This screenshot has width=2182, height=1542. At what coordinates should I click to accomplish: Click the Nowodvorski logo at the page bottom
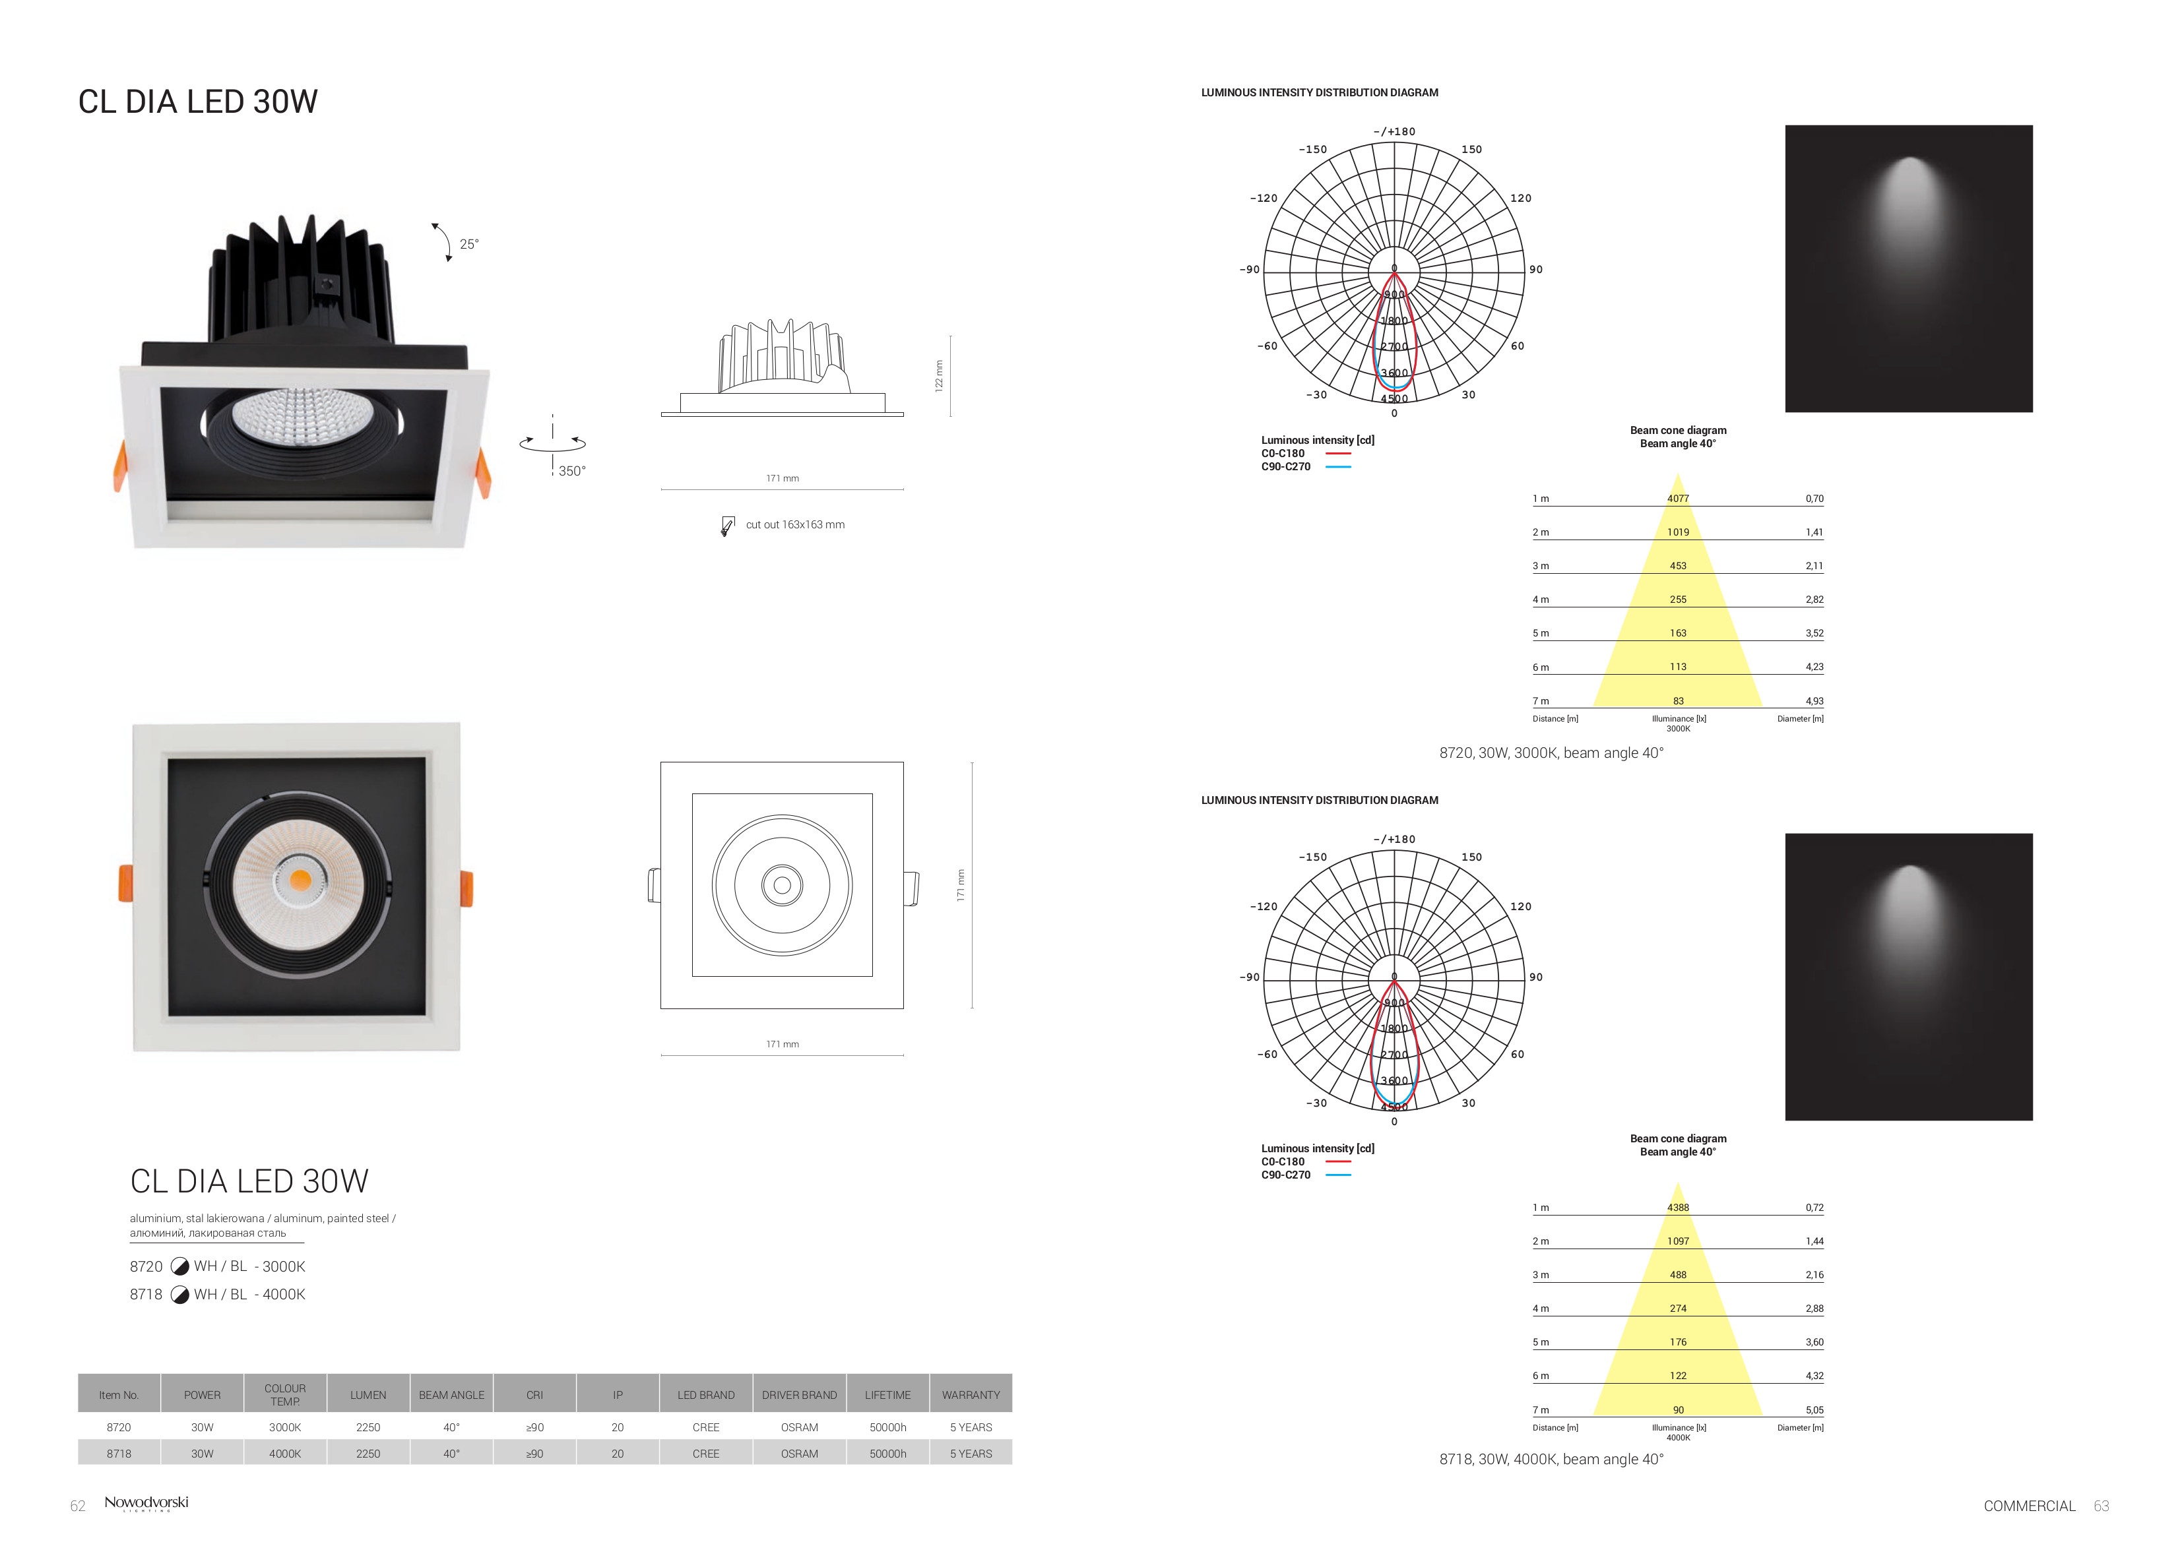pyautogui.click(x=146, y=1503)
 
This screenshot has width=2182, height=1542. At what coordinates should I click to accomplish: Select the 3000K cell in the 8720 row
pyautogui.click(x=285, y=1427)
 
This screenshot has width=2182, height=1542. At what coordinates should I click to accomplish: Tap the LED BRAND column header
pyautogui.click(x=706, y=1395)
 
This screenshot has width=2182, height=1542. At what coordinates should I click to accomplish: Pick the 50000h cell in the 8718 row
pyautogui.click(x=887, y=1454)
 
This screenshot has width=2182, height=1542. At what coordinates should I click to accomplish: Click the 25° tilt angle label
pyautogui.click(x=470, y=244)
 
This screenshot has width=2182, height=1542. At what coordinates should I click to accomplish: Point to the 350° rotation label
pyautogui.click(x=572, y=472)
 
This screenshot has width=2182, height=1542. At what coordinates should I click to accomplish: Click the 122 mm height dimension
pyautogui.click(x=938, y=375)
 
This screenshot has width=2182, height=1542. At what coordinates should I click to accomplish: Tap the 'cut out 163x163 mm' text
pyautogui.click(x=796, y=524)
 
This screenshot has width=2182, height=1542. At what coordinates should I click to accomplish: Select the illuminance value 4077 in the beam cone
pyautogui.click(x=1679, y=499)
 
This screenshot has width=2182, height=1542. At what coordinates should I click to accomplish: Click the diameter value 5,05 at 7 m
pyautogui.click(x=1814, y=1410)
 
